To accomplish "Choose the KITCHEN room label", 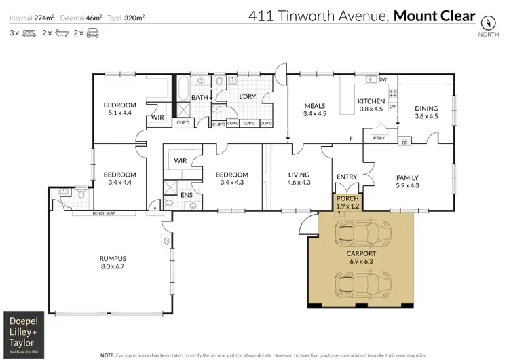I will point(371,101).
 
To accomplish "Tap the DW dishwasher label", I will point(383,79).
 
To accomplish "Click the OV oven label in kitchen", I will point(392,107).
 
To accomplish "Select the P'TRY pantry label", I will point(379,138).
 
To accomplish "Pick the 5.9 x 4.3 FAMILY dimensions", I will point(407,185).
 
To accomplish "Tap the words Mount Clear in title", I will point(434,15).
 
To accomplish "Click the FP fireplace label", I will point(405,143).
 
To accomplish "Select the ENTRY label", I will point(347,177).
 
